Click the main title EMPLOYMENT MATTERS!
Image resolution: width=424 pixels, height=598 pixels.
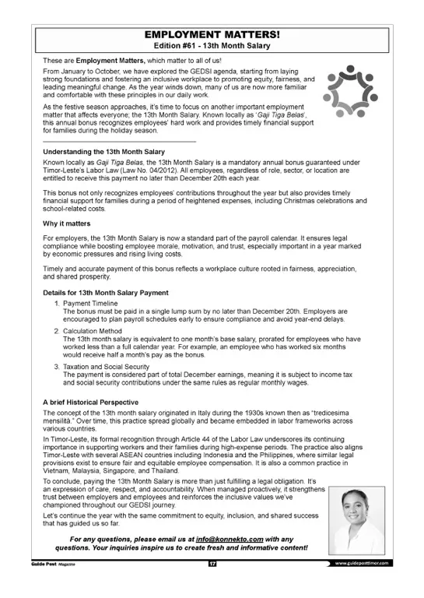point(212,35)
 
